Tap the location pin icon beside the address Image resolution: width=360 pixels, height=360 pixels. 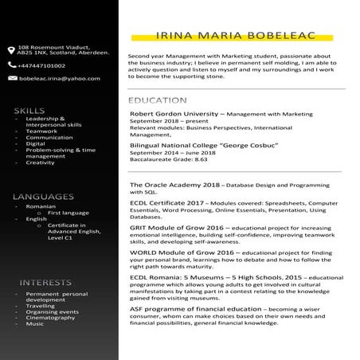tap(12, 49)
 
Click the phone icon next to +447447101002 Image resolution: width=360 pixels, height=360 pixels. tap(12, 66)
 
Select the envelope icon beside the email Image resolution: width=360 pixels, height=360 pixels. tap(12, 79)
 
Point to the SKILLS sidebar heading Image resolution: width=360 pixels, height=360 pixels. tap(29, 109)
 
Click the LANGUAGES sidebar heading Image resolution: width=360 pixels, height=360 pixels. tap(44, 196)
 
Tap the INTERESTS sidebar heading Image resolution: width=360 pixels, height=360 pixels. tap(40, 282)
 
